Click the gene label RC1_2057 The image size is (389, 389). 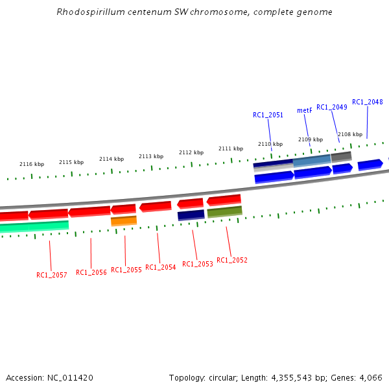[x=52, y=275]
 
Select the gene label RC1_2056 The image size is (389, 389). [x=91, y=272]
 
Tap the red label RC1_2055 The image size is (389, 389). [x=126, y=270]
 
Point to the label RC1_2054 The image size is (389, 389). [x=161, y=267]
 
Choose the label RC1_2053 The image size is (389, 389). [x=198, y=264]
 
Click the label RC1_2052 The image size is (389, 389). [x=232, y=260]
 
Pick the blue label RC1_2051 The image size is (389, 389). [x=268, y=115]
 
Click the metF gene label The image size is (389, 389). [x=305, y=110]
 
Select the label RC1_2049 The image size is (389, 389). [x=332, y=107]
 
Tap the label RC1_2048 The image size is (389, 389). [x=368, y=102]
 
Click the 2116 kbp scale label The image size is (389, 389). [x=32, y=165]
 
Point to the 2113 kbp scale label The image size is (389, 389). [x=151, y=156]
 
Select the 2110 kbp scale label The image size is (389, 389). [x=270, y=144]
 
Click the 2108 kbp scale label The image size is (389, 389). [x=350, y=134]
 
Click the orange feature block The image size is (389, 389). [x=124, y=221]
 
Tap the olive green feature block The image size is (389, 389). [x=224, y=211]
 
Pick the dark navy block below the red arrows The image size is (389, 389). [x=191, y=215]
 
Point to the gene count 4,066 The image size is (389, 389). [x=370, y=377]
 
